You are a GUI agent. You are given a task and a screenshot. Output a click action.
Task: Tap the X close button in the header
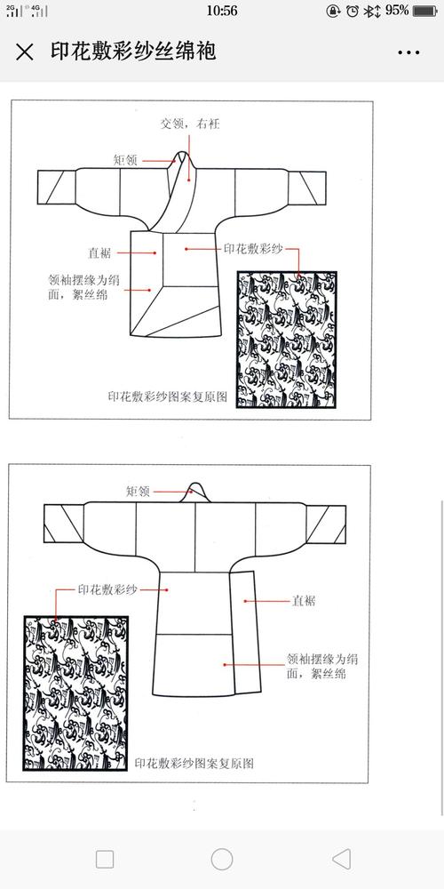pos(26,52)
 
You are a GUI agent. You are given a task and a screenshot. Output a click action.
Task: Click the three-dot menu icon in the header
pos(408,52)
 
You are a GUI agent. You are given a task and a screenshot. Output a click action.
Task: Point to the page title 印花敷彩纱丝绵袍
pos(132,51)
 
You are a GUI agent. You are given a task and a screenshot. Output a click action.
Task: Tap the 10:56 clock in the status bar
pos(221,11)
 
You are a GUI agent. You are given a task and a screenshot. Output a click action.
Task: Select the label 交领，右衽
pos(189,124)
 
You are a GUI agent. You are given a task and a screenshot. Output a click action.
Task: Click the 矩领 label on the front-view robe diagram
pos(124,160)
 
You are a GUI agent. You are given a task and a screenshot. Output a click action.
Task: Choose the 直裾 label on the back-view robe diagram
pos(304,601)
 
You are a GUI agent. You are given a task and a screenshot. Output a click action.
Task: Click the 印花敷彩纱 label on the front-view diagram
pos(252,250)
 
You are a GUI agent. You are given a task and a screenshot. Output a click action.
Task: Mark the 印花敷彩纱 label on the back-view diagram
pos(107,589)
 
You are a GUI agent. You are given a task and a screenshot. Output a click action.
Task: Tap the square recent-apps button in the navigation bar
pos(105,859)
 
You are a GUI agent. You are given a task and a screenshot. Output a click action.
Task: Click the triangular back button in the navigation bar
pos(341,859)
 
